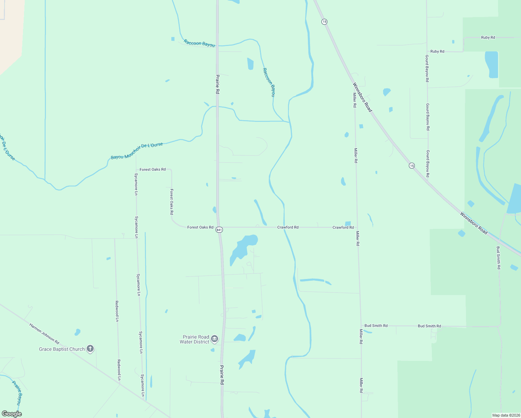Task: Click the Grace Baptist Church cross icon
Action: pos(90,348)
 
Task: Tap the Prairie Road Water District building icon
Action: pos(215,339)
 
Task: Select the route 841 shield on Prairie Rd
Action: pos(219,230)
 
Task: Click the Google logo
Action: pos(12,414)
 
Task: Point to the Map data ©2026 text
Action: pos(506,415)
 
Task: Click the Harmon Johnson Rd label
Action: pos(44,334)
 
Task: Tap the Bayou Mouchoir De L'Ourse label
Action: pos(137,151)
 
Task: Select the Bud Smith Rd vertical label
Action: pos(498,258)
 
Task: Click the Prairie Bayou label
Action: pos(17,393)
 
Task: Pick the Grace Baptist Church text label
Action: pos(62,349)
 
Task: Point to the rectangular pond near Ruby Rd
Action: pos(491,64)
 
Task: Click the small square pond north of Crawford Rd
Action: pos(348,223)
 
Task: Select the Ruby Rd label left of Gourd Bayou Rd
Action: pos(437,51)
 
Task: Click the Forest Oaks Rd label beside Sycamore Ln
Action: pos(153,170)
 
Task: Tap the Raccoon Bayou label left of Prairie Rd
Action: pos(199,43)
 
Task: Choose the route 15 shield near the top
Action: pos(324,22)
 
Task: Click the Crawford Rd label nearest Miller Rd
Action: pos(343,227)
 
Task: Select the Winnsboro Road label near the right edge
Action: pos(474,223)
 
